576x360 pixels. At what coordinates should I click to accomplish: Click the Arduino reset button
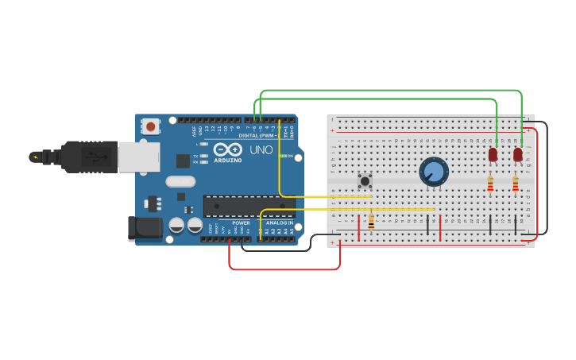point(150,126)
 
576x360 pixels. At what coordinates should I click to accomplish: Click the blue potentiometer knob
point(434,171)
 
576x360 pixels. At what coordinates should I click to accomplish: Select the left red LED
point(493,154)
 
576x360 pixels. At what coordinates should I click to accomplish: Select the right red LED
point(518,154)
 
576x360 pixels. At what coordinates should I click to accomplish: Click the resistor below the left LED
point(490,184)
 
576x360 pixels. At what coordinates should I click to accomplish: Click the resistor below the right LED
point(516,184)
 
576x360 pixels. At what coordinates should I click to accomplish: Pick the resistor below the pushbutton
point(371,222)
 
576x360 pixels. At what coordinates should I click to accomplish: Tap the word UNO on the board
point(261,149)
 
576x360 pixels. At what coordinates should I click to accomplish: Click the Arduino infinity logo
point(227,149)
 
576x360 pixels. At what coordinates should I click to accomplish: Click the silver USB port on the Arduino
point(139,157)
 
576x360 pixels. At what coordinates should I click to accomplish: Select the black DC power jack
point(145,229)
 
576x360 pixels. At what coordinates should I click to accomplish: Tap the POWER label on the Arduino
point(241,223)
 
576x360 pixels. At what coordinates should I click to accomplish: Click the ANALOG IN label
point(279,223)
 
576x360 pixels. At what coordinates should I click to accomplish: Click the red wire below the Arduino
point(284,269)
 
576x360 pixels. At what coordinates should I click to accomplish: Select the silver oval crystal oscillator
point(180,181)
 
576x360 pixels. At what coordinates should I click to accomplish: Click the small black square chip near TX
point(183,161)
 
